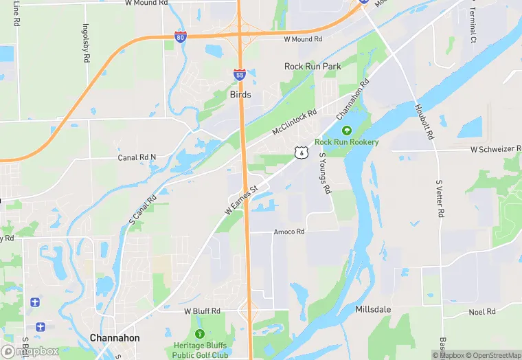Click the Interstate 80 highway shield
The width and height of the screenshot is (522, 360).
point(180,36)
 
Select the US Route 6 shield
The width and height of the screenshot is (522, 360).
point(300,153)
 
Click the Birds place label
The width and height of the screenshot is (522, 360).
point(240,95)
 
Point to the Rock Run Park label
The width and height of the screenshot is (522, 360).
point(313,67)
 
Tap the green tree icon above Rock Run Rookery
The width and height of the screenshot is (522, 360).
point(346,130)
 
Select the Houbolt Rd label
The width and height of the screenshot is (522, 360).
point(424,122)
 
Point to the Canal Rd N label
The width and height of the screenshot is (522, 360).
point(137,157)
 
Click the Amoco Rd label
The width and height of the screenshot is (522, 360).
point(288,232)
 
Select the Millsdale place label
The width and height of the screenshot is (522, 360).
point(373,310)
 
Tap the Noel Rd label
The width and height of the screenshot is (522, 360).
point(481,312)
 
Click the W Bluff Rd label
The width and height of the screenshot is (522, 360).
point(202,311)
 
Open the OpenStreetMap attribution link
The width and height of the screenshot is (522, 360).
point(495,355)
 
